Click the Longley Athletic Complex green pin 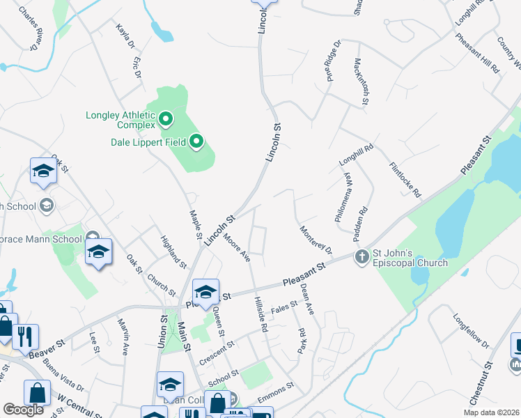tap(166, 120)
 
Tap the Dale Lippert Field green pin tap(196, 143)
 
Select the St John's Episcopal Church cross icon tap(361, 257)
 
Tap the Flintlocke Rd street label tap(406, 180)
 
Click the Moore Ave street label tap(237, 247)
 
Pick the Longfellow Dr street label tap(472, 330)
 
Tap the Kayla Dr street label tap(125, 35)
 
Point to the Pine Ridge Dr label tap(333, 61)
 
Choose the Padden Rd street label tap(363, 219)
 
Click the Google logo tap(23, 410)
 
